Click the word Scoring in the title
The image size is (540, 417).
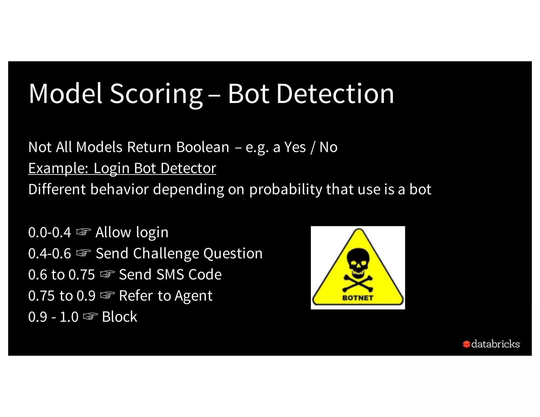coord(156,94)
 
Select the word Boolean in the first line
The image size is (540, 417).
coord(202,147)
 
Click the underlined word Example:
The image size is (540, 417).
coord(58,168)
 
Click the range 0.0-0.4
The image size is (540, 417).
coord(50,232)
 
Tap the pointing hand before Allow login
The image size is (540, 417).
coord(83,232)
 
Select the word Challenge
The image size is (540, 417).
coord(166,254)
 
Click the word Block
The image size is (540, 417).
coord(119,317)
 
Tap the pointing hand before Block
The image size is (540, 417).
coord(90,316)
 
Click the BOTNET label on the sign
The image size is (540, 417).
coord(358,298)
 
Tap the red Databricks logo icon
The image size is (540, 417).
coord(466,344)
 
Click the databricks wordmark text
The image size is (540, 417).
coord(495,344)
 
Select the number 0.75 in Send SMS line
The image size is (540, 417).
coord(81,275)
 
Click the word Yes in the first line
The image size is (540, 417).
coord(295,147)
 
